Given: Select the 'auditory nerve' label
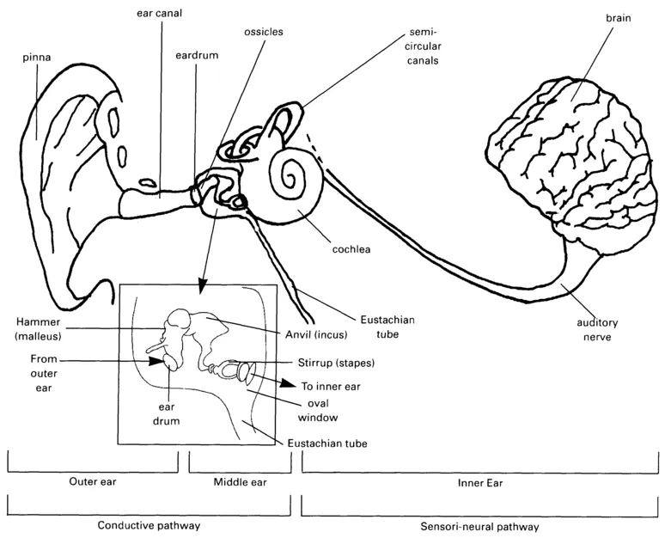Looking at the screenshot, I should (x=598, y=330).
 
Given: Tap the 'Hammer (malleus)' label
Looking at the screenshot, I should (x=34, y=327).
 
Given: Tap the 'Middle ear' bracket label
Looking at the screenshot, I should (x=240, y=482).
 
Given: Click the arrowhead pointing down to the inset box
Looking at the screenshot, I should (x=201, y=283).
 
